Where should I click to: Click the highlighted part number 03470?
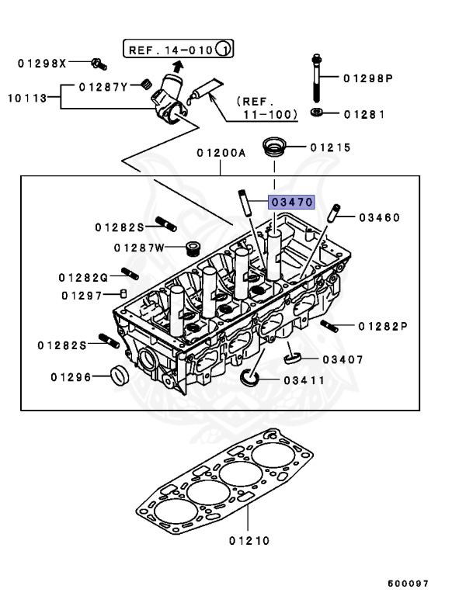click(x=291, y=202)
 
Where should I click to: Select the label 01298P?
click(x=368, y=78)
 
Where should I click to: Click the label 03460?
click(x=379, y=217)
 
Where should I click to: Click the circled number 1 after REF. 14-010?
click(x=224, y=51)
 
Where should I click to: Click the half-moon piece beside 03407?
click(x=291, y=358)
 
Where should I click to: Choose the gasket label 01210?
click(x=249, y=540)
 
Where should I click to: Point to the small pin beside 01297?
click(x=123, y=293)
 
